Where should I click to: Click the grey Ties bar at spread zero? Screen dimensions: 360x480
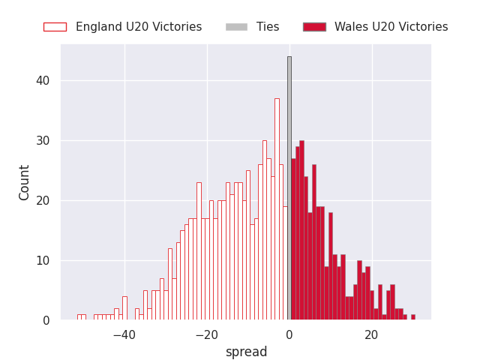coord(289,187)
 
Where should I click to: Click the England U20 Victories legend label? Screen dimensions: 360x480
coord(139,27)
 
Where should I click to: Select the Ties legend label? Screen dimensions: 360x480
coord(268,27)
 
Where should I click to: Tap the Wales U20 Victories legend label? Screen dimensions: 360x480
coord(391,27)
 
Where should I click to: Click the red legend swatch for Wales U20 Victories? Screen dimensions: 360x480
coord(314,27)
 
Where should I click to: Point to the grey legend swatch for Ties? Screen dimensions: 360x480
coord(236,27)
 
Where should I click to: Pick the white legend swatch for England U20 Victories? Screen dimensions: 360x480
coord(55,27)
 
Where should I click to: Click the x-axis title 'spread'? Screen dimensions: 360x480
coord(246,352)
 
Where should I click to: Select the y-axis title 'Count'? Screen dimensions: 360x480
coord(25,182)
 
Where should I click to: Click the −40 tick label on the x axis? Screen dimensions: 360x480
coord(124,335)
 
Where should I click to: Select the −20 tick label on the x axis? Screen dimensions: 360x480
coord(207,335)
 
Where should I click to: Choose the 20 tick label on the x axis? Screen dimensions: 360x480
coord(371,335)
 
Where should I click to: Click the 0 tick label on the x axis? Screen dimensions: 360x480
coord(289,335)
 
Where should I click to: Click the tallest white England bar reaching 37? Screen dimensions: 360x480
coord(277,210)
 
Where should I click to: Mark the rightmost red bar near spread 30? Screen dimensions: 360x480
coord(412,317)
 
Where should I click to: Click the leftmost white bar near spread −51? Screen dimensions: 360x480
coord(79,317)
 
